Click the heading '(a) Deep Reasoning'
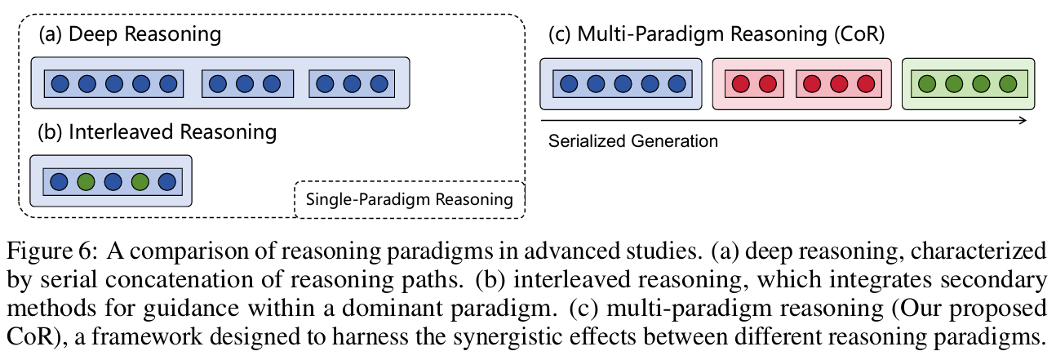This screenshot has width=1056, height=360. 130,35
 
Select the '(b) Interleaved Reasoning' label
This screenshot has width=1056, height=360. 157,132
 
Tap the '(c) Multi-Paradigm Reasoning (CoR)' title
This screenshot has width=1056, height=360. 717,35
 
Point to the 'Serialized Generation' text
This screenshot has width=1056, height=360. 632,141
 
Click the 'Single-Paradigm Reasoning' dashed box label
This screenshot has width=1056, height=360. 409,199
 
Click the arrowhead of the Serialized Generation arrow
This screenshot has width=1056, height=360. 1023,121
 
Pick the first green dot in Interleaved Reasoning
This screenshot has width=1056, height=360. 86,182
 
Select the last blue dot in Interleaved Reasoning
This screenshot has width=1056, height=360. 167,182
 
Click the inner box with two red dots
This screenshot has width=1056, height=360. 754,84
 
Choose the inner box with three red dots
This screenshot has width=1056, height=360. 839,84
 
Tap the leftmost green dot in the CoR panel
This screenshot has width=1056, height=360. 927,84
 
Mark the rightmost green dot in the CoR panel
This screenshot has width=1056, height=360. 1009,84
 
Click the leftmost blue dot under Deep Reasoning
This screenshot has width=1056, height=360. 60,84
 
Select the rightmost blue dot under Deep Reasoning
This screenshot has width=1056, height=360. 379,84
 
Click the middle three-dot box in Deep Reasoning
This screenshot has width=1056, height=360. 247,84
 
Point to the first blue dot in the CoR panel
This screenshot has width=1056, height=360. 569,84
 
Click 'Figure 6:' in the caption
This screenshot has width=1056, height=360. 52,251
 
